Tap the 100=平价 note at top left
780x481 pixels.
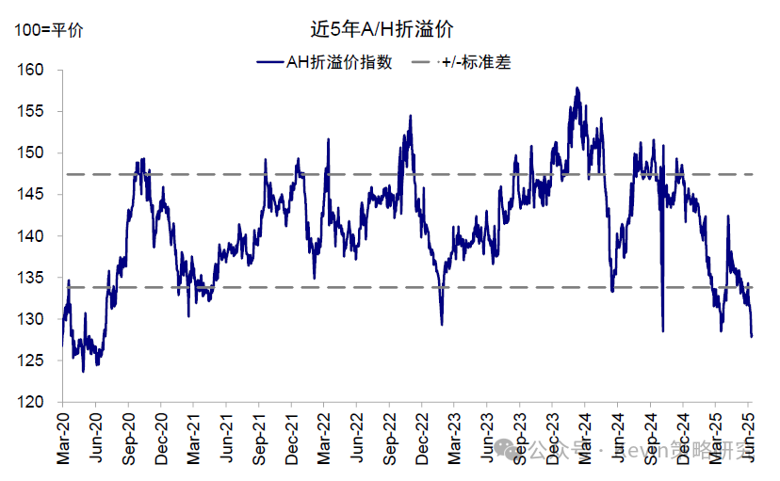click(48, 30)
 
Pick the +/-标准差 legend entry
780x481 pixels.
click(476, 63)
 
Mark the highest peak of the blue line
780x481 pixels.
click(577, 88)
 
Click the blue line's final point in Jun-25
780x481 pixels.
click(752, 336)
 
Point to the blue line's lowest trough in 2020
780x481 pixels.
click(83, 371)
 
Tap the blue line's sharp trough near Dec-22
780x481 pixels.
click(442, 325)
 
